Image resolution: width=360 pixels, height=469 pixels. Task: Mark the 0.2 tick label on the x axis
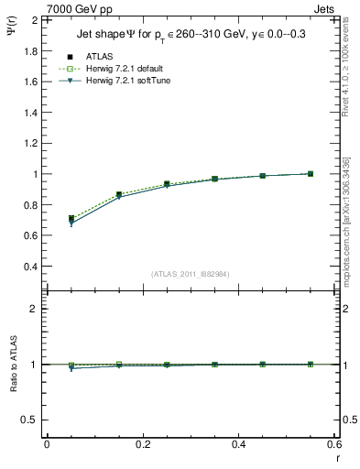(x=142, y=444)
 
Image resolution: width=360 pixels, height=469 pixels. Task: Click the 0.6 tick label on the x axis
(x=333, y=444)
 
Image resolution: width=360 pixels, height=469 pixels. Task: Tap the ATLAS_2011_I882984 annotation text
(x=191, y=274)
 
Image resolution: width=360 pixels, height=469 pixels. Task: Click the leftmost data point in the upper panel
(x=71, y=219)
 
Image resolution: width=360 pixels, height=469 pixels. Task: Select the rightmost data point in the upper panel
(x=311, y=173)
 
